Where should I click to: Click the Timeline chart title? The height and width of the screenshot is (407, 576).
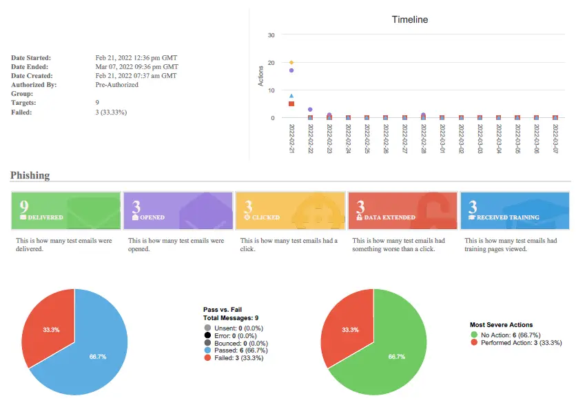409,19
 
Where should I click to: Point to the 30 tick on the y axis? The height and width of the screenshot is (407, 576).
271,35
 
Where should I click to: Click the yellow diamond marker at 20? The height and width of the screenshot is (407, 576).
291,63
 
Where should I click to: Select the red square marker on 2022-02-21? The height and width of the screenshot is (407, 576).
291,103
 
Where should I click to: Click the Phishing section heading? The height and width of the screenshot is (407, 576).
30,175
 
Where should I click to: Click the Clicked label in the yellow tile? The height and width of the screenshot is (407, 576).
265,217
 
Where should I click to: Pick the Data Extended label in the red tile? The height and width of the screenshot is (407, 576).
389,217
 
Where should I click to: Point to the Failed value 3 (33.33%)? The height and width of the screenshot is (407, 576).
111,112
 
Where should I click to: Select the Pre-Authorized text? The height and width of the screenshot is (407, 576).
116,85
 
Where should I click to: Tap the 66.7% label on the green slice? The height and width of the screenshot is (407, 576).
396,357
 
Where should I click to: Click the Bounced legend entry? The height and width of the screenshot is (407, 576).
238,343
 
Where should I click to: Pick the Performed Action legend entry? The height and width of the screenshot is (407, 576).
521,342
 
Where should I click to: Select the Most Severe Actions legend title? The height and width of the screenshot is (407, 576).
501,325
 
